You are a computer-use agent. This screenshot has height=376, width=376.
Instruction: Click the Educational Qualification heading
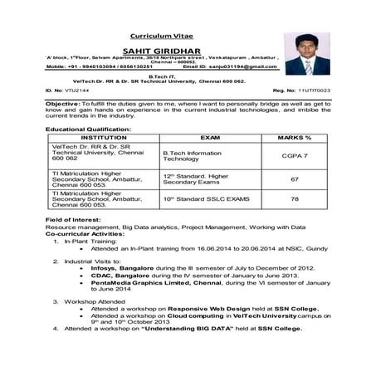click(89, 130)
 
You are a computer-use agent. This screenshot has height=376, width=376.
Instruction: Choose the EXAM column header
click(210, 138)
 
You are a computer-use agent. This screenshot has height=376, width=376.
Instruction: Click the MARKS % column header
click(294, 138)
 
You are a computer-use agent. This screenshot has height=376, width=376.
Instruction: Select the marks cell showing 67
click(294, 179)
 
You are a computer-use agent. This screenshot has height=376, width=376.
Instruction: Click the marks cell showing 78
click(294, 200)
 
